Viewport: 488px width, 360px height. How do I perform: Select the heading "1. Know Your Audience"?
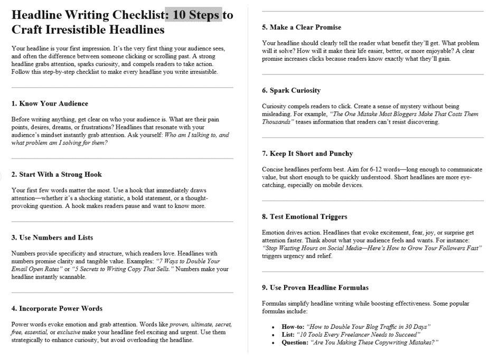(x=50, y=103)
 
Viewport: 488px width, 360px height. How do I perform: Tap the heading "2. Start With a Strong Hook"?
(x=57, y=174)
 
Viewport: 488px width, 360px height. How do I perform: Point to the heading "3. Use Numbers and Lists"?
(x=52, y=238)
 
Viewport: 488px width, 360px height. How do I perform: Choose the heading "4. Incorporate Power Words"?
(x=57, y=308)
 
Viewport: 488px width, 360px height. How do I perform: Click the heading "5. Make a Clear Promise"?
(x=302, y=27)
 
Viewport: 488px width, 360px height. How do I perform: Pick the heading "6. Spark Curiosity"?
(x=291, y=90)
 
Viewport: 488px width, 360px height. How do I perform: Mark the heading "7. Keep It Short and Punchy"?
(x=307, y=154)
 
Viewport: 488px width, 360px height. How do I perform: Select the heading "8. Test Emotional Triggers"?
(x=305, y=216)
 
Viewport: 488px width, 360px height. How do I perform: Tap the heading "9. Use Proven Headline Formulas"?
(x=315, y=288)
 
